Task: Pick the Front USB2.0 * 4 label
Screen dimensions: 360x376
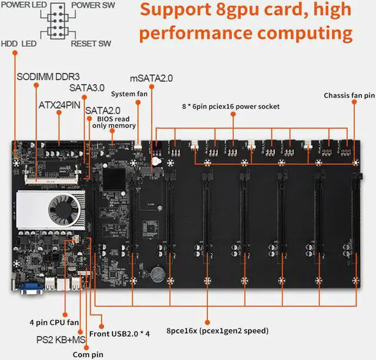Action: coord(128,334)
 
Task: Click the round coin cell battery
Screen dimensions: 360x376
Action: coord(158,273)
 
